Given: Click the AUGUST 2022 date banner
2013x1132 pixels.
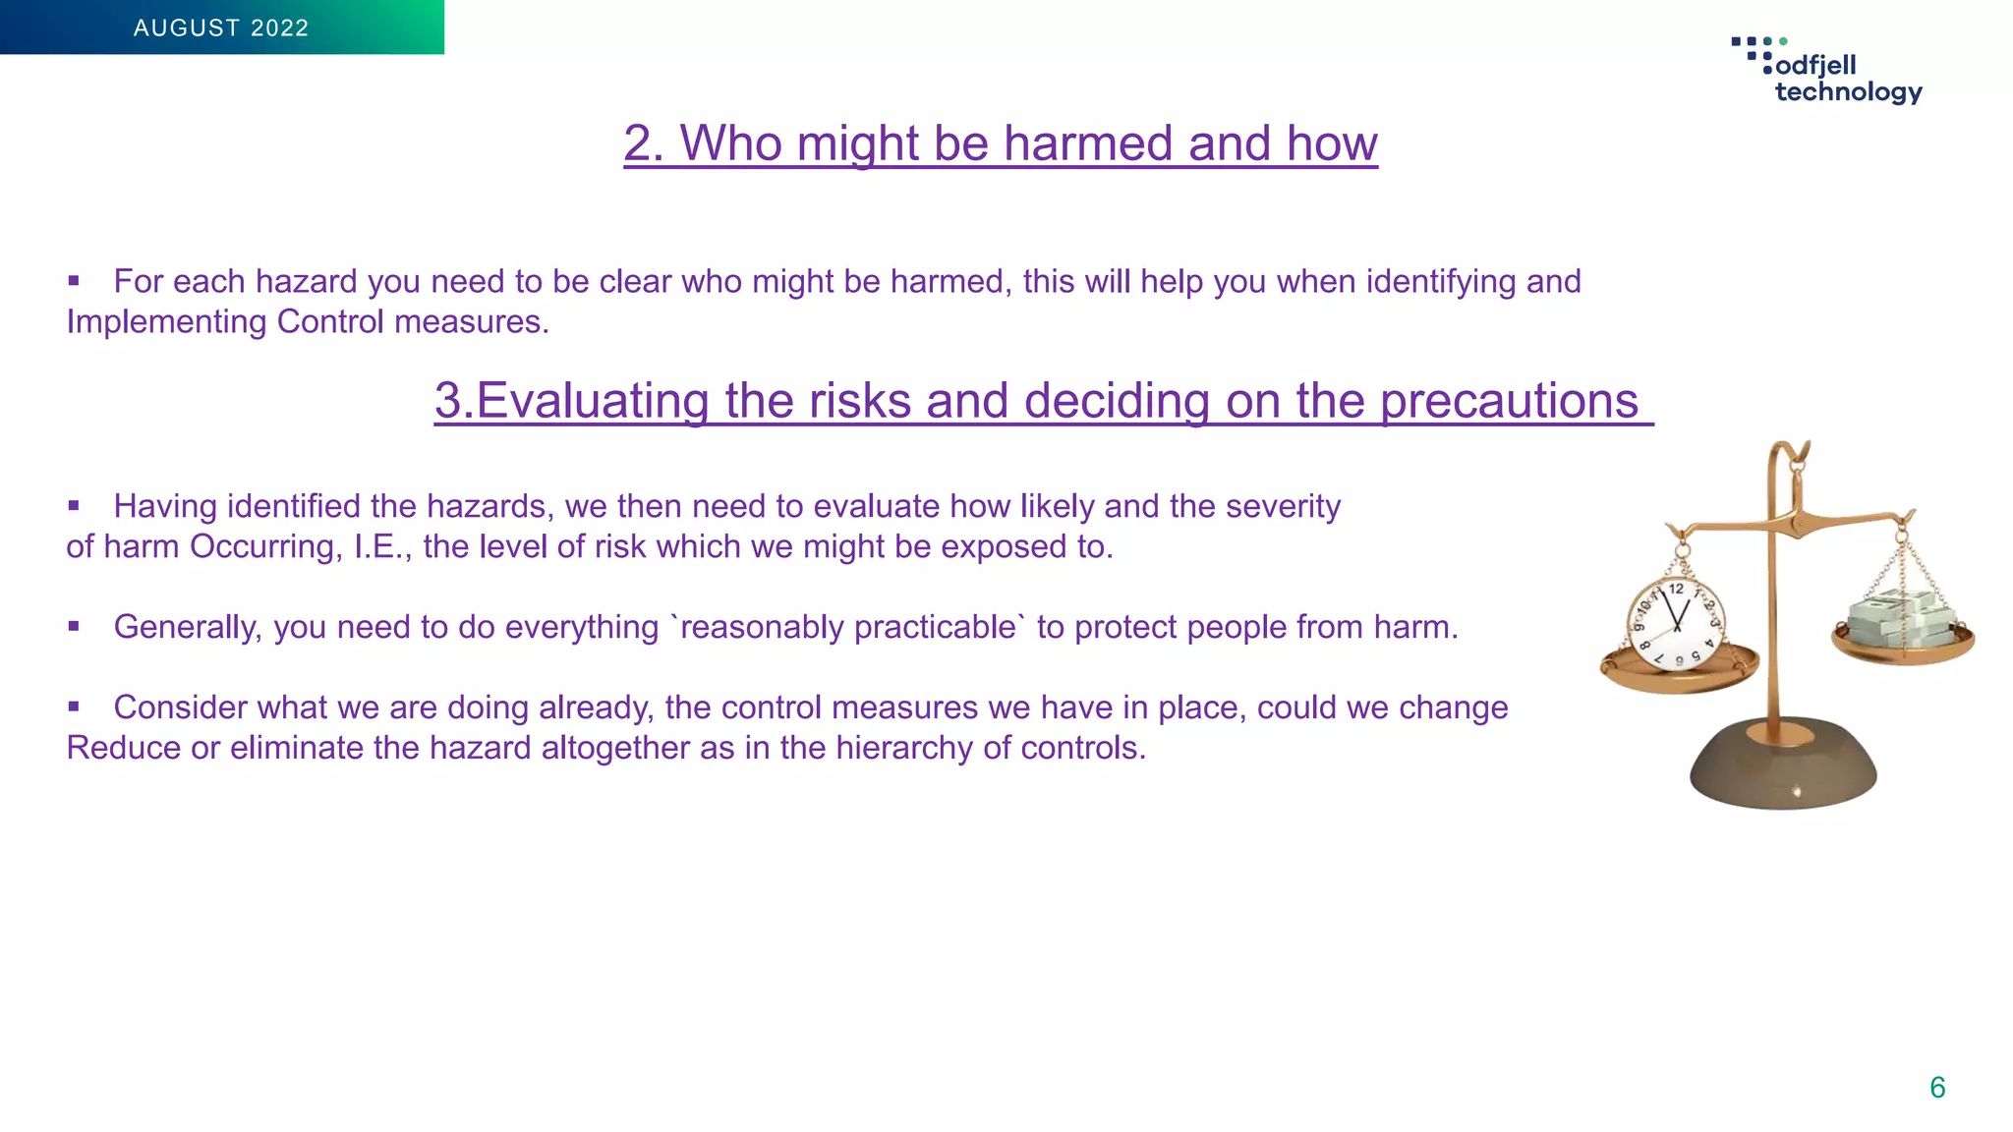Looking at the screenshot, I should click(221, 28).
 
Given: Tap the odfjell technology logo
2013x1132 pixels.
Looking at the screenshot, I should click(1828, 72).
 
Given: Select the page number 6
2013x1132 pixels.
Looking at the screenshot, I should click(1937, 1088).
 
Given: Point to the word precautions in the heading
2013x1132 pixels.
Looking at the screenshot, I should click(1509, 401).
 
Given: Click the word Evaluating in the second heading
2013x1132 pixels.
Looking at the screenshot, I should click(592, 401).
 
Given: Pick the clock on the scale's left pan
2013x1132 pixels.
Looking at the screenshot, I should click(1675, 624).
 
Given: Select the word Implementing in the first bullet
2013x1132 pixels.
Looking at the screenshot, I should click(166, 322).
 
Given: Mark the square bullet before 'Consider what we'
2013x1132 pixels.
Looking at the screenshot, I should click(74, 707).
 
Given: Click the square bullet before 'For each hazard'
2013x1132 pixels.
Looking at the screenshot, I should click(74, 281).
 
